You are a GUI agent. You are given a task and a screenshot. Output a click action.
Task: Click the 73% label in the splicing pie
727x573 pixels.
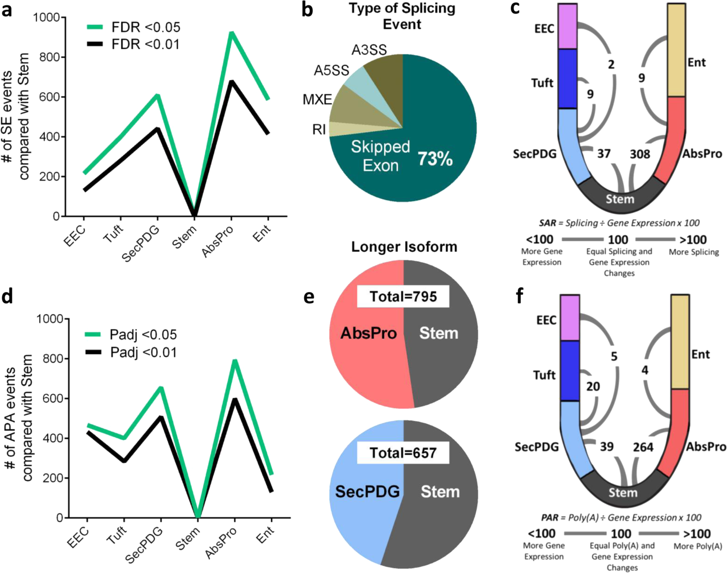click(435, 159)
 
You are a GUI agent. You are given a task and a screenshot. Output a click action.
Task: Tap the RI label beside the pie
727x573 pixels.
click(319, 129)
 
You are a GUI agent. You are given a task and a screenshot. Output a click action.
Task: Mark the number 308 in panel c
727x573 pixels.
click(640, 154)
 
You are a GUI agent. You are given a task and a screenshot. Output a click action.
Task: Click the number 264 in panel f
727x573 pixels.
click(643, 447)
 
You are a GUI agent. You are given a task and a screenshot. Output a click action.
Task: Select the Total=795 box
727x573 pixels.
click(403, 297)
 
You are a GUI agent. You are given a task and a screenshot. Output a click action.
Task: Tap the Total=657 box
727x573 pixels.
click(403, 453)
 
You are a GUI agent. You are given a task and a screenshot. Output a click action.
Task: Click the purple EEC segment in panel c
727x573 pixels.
click(567, 26)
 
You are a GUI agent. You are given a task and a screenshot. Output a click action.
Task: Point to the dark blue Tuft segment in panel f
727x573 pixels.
click(570, 370)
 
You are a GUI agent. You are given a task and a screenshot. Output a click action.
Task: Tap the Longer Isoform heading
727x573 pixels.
click(404, 247)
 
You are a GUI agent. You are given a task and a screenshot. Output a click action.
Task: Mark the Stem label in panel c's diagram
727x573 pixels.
click(620, 199)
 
